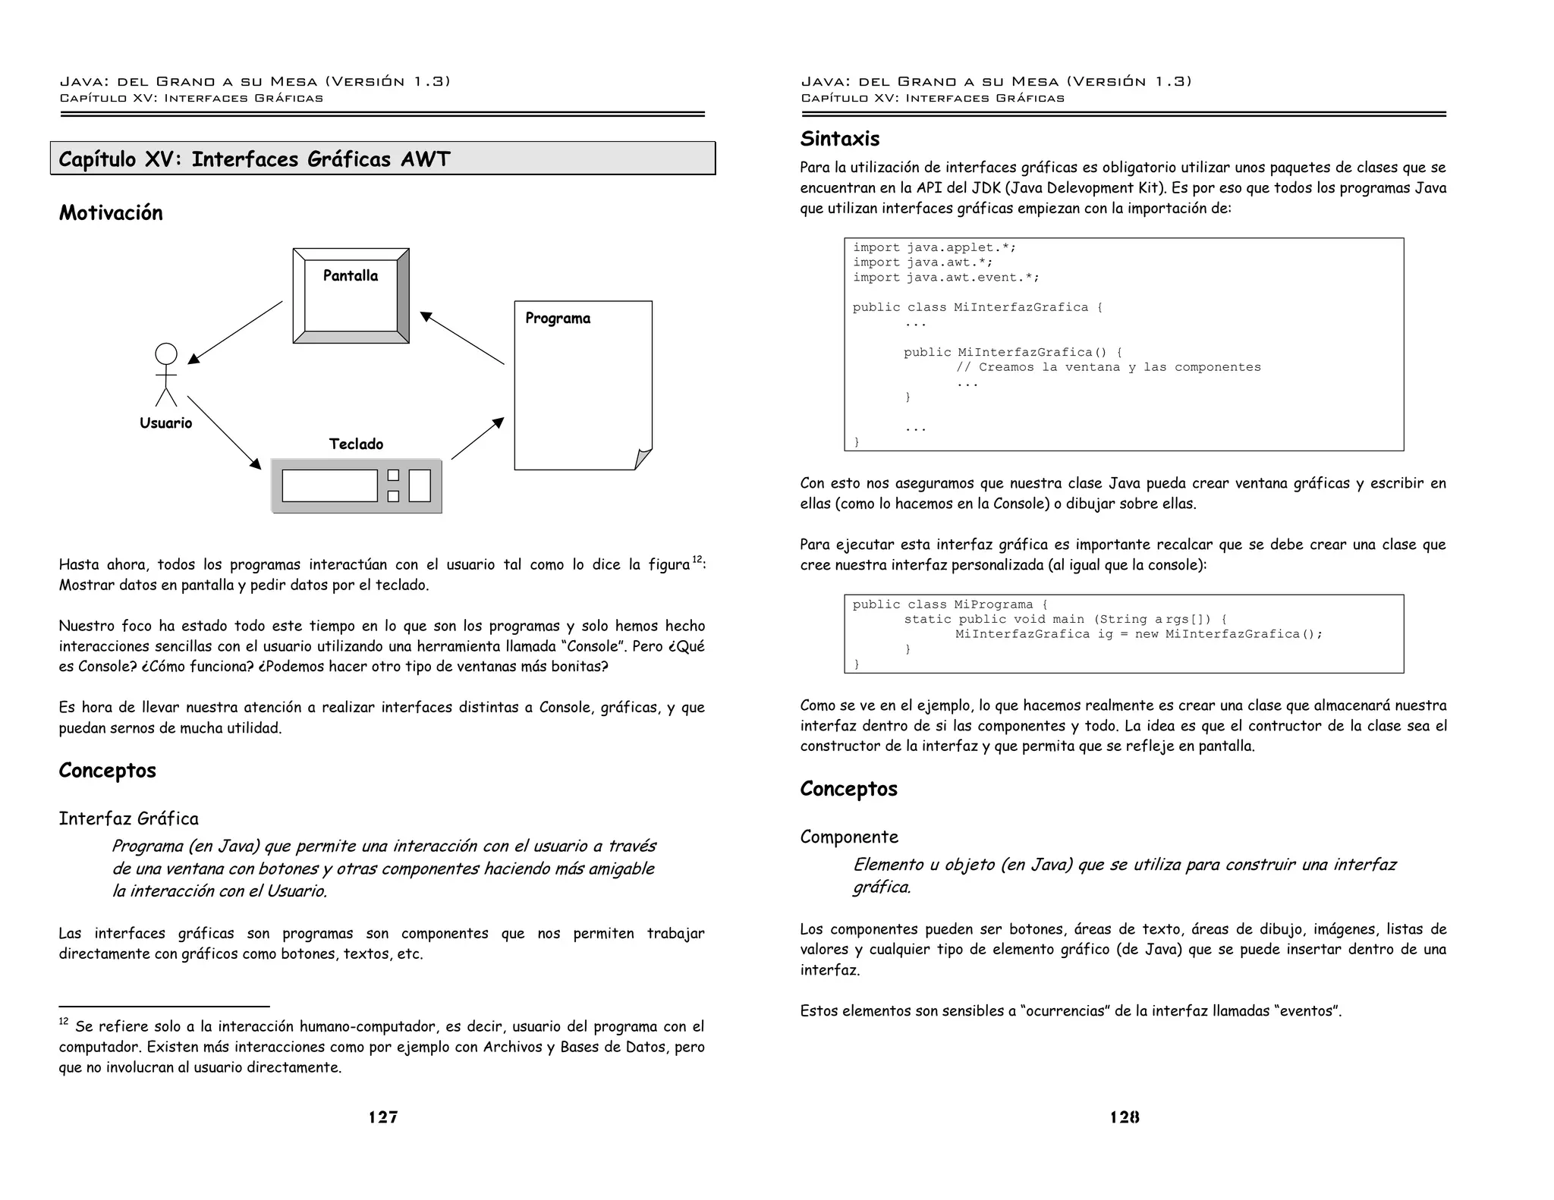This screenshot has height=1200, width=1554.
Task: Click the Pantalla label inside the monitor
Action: tap(350, 276)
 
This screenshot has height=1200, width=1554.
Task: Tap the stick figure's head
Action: tap(165, 353)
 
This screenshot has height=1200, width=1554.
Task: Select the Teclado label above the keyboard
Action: tap(356, 445)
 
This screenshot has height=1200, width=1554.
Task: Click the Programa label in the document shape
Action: tap(558, 319)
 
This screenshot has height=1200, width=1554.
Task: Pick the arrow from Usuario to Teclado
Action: tap(224, 432)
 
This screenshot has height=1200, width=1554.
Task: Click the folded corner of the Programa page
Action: tap(643, 459)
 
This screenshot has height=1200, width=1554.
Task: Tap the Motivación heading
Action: tap(111, 213)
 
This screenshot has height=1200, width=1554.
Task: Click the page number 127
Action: tap(383, 1117)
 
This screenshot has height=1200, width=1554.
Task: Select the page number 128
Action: tap(1124, 1117)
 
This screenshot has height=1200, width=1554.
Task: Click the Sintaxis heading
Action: tap(840, 140)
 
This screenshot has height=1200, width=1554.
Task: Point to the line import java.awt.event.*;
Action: tap(945, 278)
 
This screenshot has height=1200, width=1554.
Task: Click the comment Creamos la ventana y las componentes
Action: tap(1108, 368)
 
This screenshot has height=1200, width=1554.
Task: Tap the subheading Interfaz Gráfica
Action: tap(129, 819)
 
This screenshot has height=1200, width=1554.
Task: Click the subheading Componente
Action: tap(849, 837)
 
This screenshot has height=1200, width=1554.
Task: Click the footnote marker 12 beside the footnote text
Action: tap(64, 1022)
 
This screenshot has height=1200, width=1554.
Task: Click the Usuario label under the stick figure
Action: tap(165, 423)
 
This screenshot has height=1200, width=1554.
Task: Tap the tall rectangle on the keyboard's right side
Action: tap(420, 486)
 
